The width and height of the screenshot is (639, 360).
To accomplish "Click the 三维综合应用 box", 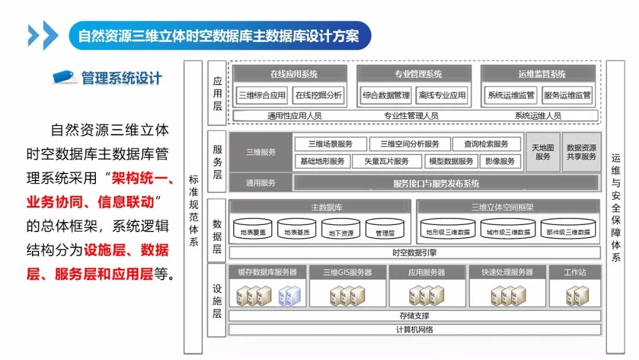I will click(262, 95).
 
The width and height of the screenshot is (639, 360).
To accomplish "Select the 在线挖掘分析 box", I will click(318, 95).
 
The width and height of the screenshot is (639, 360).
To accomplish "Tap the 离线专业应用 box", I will click(442, 95).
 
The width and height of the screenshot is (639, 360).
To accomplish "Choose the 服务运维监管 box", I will click(567, 95).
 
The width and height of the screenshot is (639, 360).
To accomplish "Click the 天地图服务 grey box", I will click(543, 152).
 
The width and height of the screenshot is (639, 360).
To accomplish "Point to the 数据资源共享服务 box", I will click(581, 152).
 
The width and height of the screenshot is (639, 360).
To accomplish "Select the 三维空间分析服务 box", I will click(409, 144).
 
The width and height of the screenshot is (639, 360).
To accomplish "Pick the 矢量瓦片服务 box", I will click(388, 161).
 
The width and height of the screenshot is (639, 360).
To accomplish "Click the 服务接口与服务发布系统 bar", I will click(436, 184).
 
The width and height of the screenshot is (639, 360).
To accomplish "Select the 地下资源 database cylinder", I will click(341, 230).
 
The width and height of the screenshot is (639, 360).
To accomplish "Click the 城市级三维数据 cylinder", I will click(508, 230).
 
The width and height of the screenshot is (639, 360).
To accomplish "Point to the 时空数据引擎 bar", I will click(414, 253).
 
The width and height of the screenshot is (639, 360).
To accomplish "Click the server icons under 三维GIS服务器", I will click(347, 295).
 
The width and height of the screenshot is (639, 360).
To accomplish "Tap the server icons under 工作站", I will click(575, 295).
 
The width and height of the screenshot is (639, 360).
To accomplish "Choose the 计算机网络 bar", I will click(414, 329).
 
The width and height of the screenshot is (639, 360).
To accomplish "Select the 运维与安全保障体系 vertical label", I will click(615, 207).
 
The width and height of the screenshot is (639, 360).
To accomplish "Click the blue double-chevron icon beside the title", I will click(43, 36).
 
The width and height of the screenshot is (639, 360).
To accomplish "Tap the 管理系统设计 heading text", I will click(121, 78).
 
